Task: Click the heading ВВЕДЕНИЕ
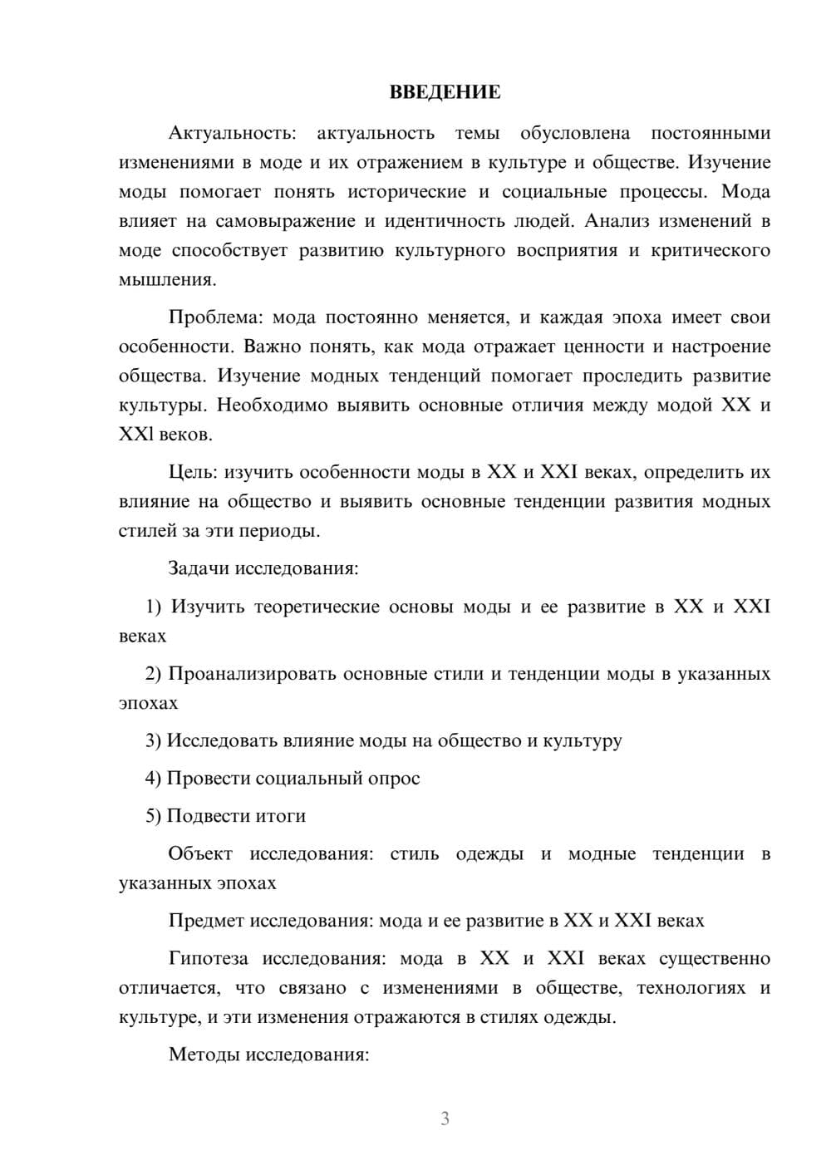pyautogui.click(x=445, y=92)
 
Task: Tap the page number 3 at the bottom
pyautogui.click(x=445, y=1118)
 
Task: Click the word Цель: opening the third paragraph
pyautogui.click(x=193, y=472)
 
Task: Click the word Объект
pyautogui.click(x=200, y=853)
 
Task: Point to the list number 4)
pyautogui.click(x=153, y=779)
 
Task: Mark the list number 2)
pyautogui.click(x=153, y=674)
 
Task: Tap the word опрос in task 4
pyautogui.click(x=393, y=779)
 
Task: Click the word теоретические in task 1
pyautogui.click(x=320, y=607)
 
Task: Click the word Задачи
pyautogui.click(x=199, y=569)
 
